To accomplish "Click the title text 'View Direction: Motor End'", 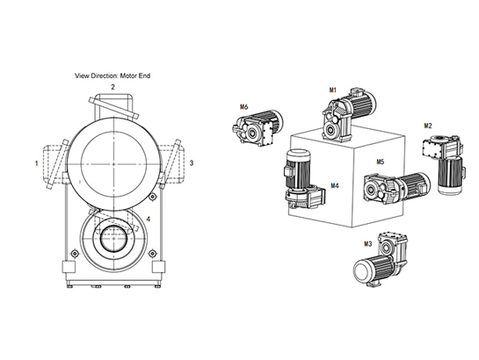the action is click(x=112, y=76).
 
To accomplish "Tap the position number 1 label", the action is click(x=37, y=163).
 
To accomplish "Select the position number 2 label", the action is click(x=112, y=87).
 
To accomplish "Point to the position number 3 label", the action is click(x=192, y=163).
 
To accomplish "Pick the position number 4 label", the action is click(x=149, y=219).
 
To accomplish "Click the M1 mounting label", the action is click(x=333, y=90).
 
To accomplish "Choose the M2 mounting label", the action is click(x=428, y=126).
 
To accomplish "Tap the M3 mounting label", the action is click(x=367, y=244).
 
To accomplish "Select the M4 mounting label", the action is click(x=335, y=185).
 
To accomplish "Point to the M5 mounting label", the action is click(x=380, y=162).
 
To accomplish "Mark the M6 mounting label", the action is click(x=244, y=107).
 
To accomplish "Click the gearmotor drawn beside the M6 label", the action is click(x=258, y=127).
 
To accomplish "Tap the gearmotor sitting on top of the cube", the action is click(x=348, y=114).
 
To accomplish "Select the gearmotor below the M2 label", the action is click(x=444, y=164).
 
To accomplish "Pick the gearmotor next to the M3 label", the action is click(x=381, y=259).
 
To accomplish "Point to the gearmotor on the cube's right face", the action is click(x=396, y=187).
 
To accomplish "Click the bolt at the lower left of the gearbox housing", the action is click(x=73, y=253).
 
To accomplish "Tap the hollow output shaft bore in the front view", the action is click(x=113, y=238).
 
